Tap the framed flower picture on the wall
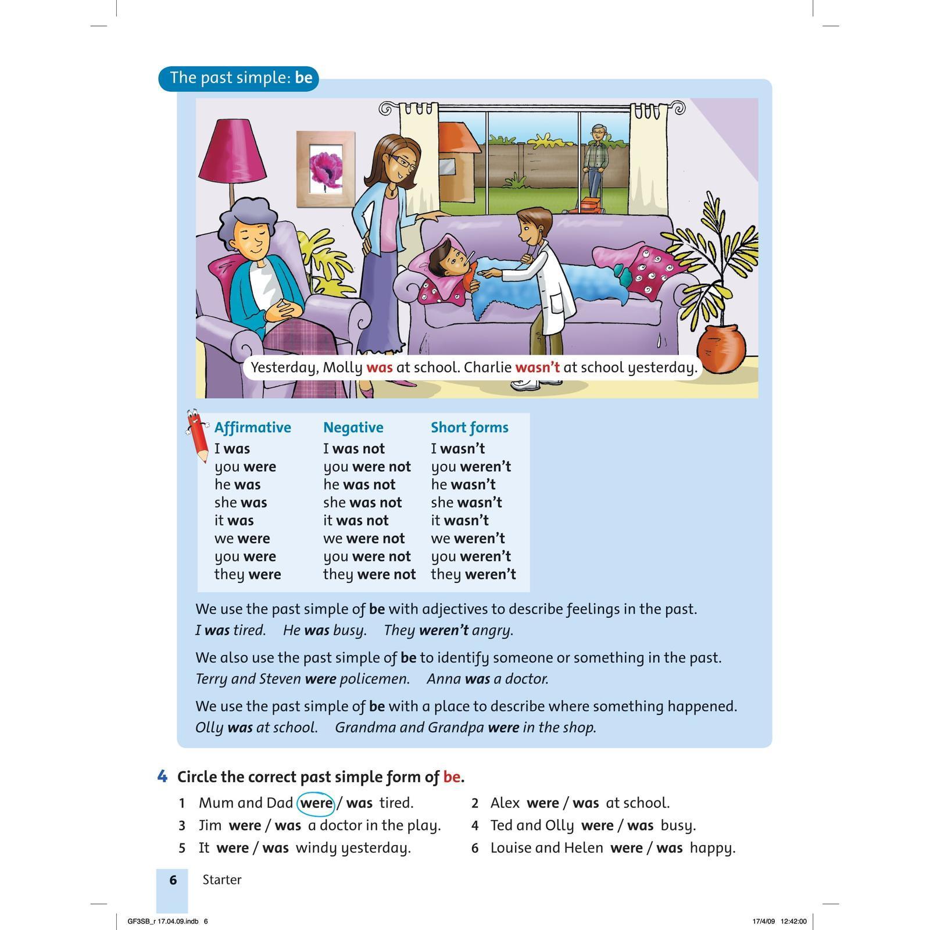325,169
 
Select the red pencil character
197,435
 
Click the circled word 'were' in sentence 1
316,803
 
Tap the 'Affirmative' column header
252,428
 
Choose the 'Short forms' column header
469,428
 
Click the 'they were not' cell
369,575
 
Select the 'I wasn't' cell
457,449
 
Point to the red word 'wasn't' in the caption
537,367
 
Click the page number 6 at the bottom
173,880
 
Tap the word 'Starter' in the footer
221,880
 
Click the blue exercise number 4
162,777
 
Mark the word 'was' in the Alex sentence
585,803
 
